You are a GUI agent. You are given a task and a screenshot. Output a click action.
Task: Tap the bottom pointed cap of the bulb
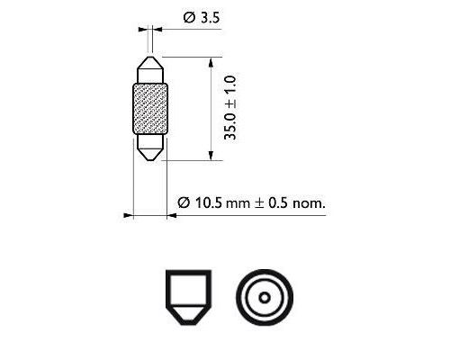click(x=149, y=147)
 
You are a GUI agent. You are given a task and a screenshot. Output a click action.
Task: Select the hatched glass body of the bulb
click(x=149, y=109)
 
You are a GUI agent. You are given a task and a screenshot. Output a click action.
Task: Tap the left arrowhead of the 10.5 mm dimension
click(x=128, y=215)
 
